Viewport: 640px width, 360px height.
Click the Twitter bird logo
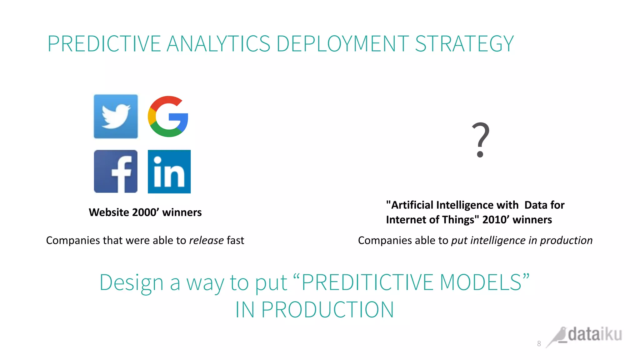click(x=116, y=116)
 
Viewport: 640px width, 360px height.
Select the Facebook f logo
click(x=116, y=171)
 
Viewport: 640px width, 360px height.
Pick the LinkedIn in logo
click(x=169, y=172)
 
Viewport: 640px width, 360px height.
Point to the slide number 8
click(x=539, y=343)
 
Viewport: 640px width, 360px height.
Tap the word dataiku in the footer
click(x=595, y=334)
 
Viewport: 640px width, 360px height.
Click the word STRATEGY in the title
click(x=464, y=44)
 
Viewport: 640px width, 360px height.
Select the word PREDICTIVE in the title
click(x=104, y=44)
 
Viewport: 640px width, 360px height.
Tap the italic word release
click(x=206, y=240)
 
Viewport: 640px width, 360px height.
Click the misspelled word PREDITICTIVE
click(x=367, y=282)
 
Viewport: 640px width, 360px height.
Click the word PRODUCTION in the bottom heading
click(x=327, y=310)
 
